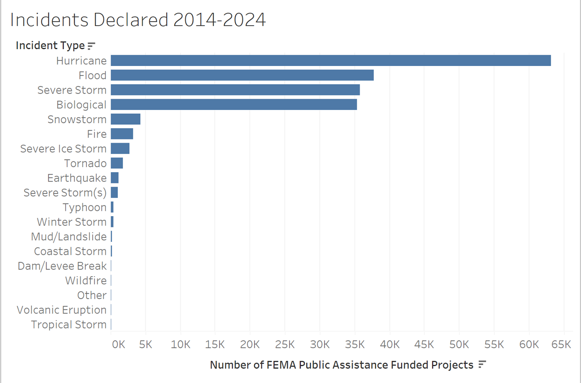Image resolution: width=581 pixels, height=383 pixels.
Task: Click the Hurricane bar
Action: pos(330,61)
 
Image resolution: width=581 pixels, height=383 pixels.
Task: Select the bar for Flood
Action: pos(242,75)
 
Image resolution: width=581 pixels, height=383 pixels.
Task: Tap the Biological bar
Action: pos(234,104)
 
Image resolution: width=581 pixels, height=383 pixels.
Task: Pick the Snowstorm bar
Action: pos(126,119)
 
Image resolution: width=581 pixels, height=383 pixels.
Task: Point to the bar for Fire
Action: pos(122,134)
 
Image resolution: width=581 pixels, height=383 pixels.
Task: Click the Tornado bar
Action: pos(117,163)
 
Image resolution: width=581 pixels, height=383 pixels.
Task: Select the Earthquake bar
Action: pos(115,178)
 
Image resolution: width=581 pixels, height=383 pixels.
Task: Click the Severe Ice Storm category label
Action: pos(63,149)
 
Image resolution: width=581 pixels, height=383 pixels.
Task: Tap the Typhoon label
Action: pos(85,207)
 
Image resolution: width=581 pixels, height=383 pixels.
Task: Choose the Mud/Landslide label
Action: pos(69,236)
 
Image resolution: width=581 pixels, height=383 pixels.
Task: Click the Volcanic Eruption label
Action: pos(61,310)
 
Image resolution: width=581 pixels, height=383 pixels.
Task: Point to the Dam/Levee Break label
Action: pos(62,266)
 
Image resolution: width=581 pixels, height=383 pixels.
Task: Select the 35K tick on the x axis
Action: pos(355,344)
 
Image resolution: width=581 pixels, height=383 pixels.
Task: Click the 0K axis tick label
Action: pos(118,344)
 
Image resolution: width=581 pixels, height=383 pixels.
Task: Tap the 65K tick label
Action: pos(561,344)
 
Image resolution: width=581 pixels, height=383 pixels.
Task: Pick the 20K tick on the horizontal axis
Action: pos(250,344)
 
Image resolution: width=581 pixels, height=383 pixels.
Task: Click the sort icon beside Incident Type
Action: pos(92,46)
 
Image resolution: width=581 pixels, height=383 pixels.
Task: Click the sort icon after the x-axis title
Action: pos(482,365)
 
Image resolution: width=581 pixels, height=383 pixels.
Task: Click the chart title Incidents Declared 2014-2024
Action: pos(138,20)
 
